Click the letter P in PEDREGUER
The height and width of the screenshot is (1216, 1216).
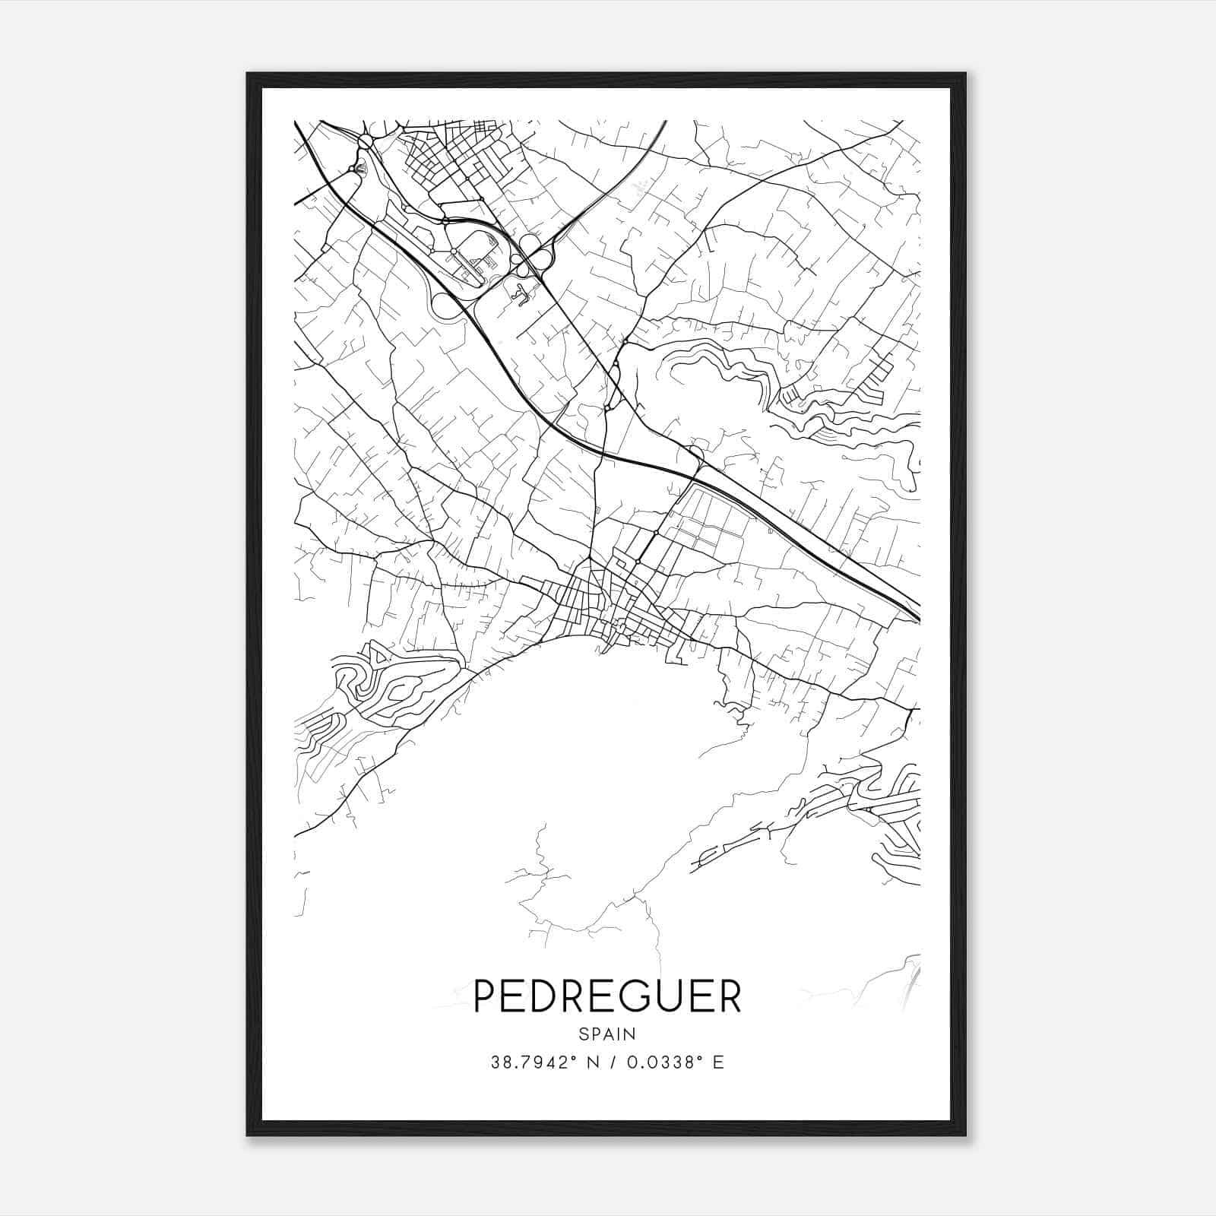click(x=484, y=996)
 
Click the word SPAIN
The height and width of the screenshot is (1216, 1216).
click(x=607, y=1034)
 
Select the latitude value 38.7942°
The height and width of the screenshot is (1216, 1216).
click(x=529, y=1062)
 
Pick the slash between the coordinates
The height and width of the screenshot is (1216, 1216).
click(x=610, y=1062)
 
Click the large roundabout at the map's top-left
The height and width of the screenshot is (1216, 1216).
click(x=366, y=141)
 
